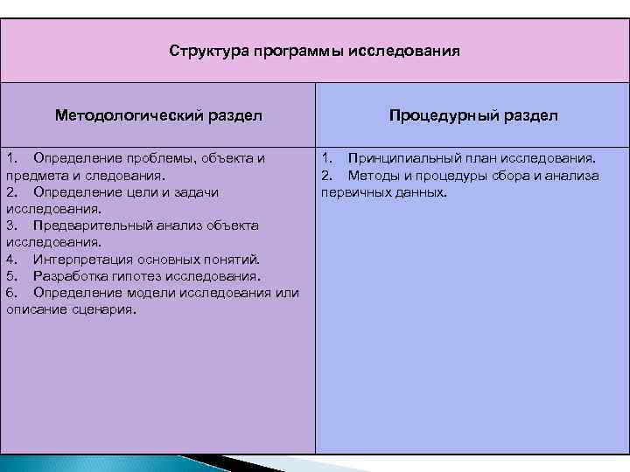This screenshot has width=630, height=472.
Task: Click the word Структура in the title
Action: pyautogui.click(x=209, y=51)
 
